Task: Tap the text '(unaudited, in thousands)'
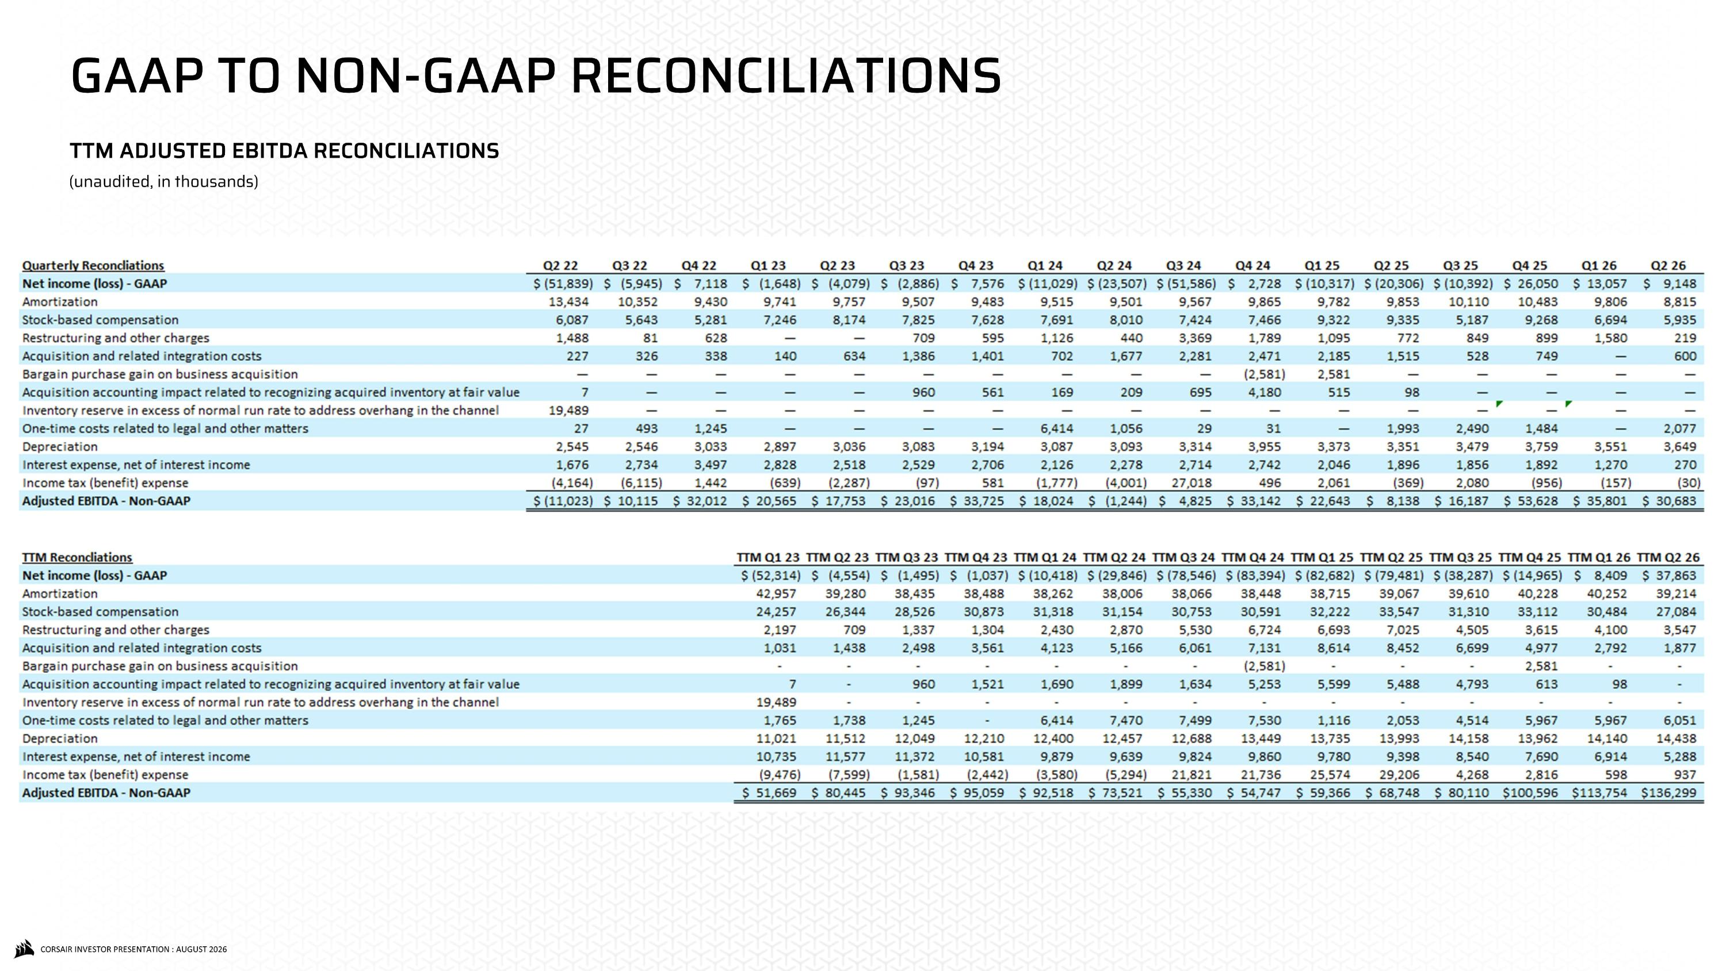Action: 164,182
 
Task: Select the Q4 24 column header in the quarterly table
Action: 1253,265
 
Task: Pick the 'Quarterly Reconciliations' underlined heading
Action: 93,265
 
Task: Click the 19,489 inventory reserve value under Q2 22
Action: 568,410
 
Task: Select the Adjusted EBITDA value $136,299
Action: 1668,793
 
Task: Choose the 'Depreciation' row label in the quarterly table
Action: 60,446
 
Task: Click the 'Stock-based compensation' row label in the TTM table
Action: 101,612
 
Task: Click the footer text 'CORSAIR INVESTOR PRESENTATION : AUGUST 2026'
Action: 133,949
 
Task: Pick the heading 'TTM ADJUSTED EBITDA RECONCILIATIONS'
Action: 284,151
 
